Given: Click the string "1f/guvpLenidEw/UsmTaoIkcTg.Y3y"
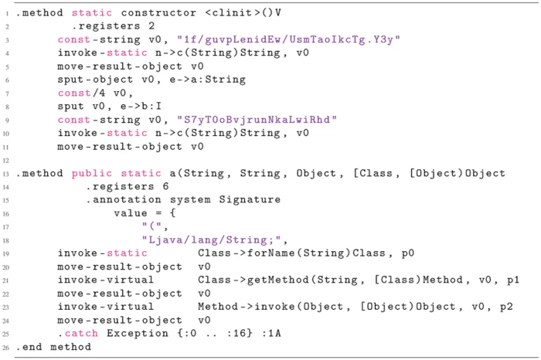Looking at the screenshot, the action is pos(288,39).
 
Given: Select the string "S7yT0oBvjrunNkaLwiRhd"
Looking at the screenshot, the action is pos(257,120).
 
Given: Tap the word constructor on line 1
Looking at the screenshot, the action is pos(158,13).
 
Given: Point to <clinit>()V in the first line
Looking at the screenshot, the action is pos(243,13).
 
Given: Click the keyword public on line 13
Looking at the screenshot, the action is pos(92,173).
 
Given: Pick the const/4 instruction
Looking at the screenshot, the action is pos(81,93).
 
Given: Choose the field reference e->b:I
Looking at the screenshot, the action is pos(141,106).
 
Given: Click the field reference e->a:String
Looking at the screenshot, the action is pos(207,80).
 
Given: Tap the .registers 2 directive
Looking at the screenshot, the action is pos(113,26).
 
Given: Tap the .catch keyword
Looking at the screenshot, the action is pos(78,334).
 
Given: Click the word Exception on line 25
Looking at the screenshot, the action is pos(138,334).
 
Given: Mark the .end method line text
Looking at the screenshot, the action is pos(53,347).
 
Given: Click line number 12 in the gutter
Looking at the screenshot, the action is pos(6,161).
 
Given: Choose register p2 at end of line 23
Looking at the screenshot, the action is pos(506,307).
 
